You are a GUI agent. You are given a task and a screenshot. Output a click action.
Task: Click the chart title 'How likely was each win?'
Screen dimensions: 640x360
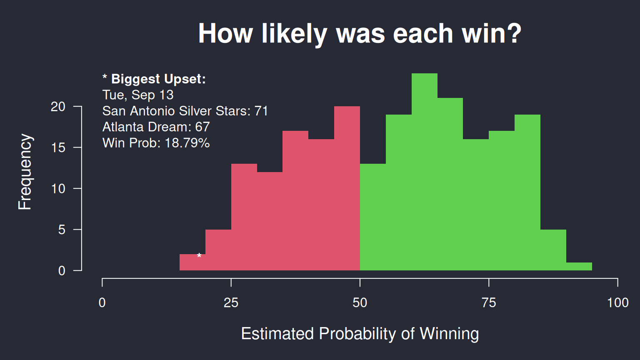pyautogui.click(x=360, y=34)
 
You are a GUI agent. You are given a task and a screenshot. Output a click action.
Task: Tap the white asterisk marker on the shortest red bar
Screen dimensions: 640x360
pyautogui.click(x=199, y=256)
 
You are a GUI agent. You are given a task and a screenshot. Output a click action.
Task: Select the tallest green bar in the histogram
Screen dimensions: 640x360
pyautogui.click(x=424, y=172)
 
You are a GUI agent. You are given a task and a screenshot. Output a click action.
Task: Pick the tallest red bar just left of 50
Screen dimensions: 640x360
pyautogui.click(x=347, y=188)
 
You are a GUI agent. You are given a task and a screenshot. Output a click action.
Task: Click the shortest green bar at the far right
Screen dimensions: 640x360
pyautogui.click(x=579, y=266)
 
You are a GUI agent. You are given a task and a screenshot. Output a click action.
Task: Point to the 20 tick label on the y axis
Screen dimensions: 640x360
pyautogui.click(x=58, y=107)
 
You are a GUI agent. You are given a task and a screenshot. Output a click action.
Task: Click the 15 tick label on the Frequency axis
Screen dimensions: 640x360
pyautogui.click(x=58, y=148)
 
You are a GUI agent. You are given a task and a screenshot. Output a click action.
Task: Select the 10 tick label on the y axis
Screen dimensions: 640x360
pyautogui.click(x=58, y=189)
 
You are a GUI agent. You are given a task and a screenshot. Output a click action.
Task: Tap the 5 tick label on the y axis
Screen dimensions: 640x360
pyautogui.click(x=62, y=230)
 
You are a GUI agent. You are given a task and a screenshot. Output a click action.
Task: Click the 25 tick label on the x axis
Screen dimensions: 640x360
pyautogui.click(x=231, y=302)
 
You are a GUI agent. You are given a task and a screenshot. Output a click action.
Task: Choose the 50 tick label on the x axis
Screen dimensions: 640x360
pyautogui.click(x=360, y=302)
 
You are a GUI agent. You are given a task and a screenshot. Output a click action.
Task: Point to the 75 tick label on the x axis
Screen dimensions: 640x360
pyautogui.click(x=489, y=302)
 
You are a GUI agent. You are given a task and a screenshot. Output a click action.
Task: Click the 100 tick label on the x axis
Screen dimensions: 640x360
pyautogui.click(x=618, y=302)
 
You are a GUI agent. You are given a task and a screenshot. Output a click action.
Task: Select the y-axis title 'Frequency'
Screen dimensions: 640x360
pyautogui.click(x=25, y=172)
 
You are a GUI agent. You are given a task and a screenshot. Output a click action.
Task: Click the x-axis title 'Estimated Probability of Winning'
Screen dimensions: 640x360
pyautogui.click(x=360, y=334)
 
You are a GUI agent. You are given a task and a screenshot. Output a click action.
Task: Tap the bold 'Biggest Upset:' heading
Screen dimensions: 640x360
pyautogui.click(x=158, y=79)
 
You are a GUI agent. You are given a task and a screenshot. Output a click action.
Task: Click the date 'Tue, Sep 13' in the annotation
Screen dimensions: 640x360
pyautogui.click(x=138, y=95)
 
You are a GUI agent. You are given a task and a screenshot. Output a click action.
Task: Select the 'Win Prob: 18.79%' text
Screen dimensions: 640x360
pyautogui.click(x=156, y=143)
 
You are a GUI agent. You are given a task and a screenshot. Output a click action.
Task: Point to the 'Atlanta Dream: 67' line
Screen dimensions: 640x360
pyautogui.click(x=156, y=127)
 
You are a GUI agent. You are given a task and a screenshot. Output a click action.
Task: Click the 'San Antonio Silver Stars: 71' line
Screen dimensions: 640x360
pyautogui.click(x=185, y=111)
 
